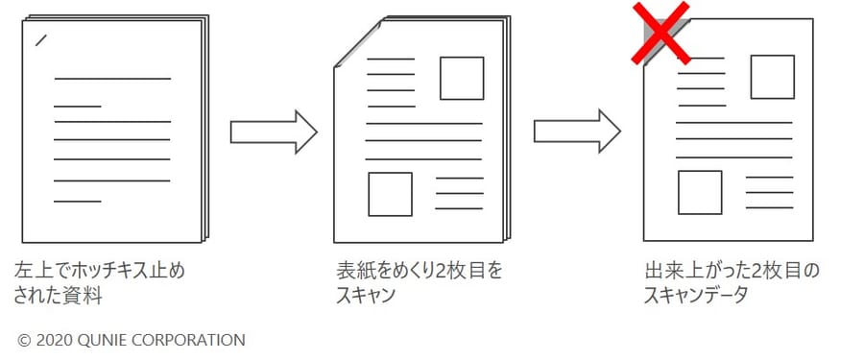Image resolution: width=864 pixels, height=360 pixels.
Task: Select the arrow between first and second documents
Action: (273, 132)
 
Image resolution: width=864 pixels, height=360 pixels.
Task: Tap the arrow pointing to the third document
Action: (577, 132)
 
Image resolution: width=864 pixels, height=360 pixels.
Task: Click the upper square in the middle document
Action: (461, 78)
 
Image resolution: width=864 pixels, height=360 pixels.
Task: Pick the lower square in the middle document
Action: (390, 194)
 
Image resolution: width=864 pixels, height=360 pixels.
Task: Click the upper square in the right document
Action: (772, 77)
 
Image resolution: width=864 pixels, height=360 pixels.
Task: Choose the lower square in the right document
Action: (700, 192)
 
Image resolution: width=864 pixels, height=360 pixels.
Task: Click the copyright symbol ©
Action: (23, 340)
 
